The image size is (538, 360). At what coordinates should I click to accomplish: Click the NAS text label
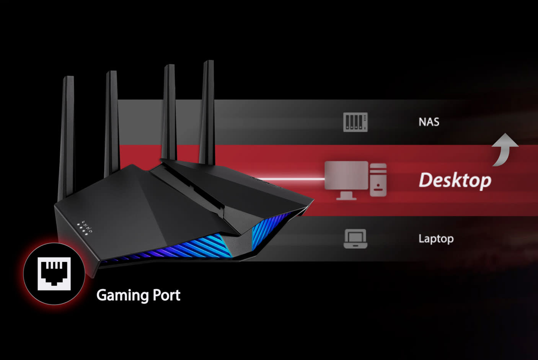tap(429, 122)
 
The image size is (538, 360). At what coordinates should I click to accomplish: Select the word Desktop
tap(455, 180)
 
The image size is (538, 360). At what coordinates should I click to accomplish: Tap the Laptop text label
tap(436, 239)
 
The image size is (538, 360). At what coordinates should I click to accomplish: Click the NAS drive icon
tap(355, 122)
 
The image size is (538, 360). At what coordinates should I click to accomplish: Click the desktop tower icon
tap(378, 180)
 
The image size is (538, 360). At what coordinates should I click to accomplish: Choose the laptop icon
tap(355, 239)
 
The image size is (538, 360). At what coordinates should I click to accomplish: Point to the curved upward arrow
tap(504, 149)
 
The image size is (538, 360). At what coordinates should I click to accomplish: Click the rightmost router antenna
tap(207, 111)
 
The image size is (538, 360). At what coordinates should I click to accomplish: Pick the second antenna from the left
tap(111, 123)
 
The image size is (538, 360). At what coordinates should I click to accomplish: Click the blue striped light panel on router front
tap(180, 249)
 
